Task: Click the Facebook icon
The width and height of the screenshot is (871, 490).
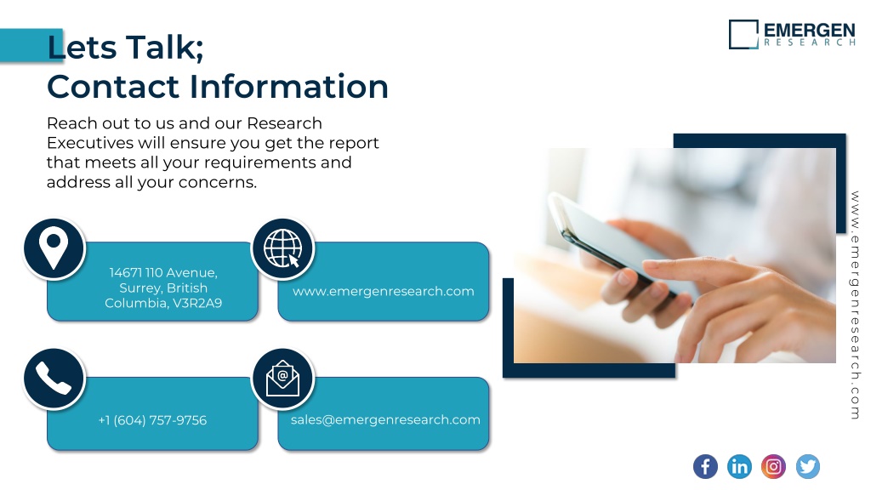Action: click(705, 466)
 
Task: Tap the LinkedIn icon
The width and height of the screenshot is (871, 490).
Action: click(739, 466)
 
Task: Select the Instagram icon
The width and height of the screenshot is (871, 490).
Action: click(773, 466)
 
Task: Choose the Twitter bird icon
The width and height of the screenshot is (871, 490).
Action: click(808, 466)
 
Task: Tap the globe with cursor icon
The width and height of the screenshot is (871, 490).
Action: click(283, 249)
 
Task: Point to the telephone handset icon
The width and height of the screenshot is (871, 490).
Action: click(54, 379)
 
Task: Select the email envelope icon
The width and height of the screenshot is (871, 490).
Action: click(283, 379)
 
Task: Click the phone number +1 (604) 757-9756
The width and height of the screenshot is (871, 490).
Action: click(153, 420)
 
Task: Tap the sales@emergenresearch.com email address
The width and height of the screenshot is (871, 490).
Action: click(385, 420)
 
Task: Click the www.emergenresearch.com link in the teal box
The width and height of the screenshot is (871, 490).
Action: click(384, 292)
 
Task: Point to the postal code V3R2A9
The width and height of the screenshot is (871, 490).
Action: click(197, 304)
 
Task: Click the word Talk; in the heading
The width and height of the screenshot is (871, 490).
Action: click(164, 47)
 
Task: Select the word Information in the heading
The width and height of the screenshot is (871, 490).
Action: click(289, 87)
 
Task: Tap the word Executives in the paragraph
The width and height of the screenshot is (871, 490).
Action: click(90, 143)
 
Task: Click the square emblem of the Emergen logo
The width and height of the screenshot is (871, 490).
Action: click(743, 34)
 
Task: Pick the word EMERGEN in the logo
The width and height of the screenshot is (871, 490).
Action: click(810, 30)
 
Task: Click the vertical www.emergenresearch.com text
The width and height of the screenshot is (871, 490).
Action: click(856, 305)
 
